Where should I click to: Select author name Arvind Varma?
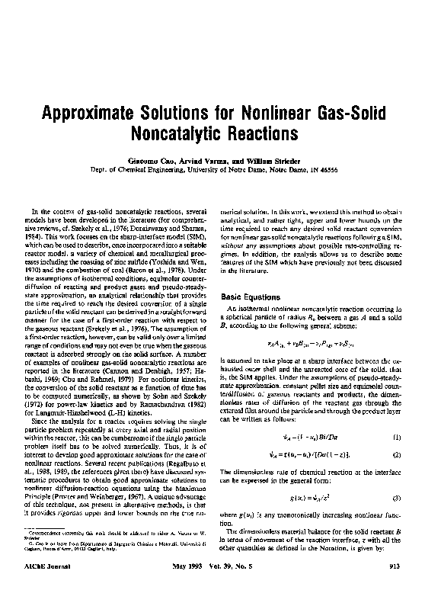pyautogui.click(x=203, y=165)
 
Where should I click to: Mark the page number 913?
pyautogui.click(x=395, y=576)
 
